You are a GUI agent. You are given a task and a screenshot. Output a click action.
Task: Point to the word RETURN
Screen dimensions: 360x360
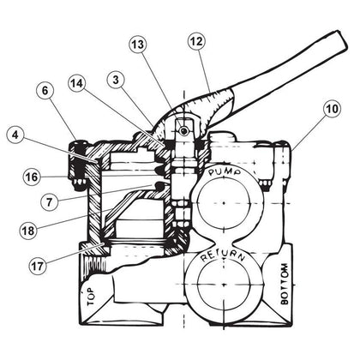223,257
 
